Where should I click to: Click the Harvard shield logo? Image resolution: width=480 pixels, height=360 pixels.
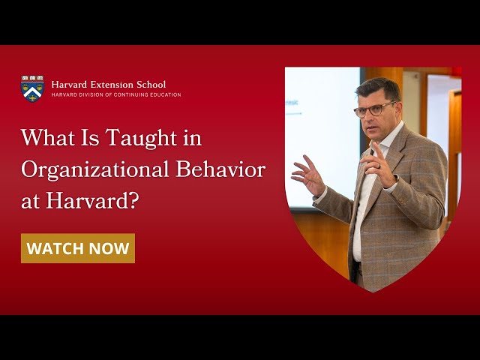(32, 88)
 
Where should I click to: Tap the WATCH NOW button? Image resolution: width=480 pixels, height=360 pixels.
(78, 248)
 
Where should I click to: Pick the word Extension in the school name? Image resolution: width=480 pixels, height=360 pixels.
(111, 84)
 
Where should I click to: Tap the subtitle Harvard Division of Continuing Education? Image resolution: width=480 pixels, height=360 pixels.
(115, 95)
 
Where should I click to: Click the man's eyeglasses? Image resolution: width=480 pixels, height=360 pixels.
(373, 109)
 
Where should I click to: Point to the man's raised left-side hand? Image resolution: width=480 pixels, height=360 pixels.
(308, 175)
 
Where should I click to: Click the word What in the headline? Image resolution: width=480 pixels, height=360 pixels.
(44, 139)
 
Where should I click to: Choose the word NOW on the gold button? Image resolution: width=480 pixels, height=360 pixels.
(109, 248)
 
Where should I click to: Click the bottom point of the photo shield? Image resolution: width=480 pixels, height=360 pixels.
(373, 291)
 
